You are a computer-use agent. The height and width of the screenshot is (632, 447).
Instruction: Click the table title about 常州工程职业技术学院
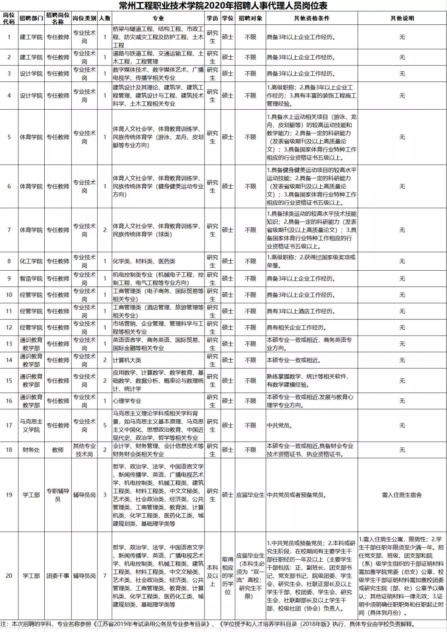[x=223, y=6]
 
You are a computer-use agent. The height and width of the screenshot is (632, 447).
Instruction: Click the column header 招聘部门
[x=31, y=18]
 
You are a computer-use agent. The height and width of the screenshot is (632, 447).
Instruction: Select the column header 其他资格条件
[x=312, y=18]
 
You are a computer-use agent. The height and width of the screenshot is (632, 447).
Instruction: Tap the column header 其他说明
[x=402, y=18]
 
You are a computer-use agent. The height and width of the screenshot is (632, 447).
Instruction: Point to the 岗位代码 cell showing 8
[x=9, y=261]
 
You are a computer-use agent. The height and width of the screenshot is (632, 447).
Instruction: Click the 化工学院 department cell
[x=31, y=261]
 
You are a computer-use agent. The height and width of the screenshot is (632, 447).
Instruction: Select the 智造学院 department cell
[x=31, y=279]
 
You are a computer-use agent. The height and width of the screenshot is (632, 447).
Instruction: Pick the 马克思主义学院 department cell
[x=31, y=425]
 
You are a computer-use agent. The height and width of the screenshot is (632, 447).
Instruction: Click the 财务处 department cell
[x=31, y=449]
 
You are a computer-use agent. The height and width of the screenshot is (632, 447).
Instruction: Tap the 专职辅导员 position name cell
[x=58, y=495]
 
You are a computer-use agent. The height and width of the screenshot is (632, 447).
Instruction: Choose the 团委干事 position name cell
[x=58, y=575]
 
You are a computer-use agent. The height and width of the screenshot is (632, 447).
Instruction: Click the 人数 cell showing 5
[x=105, y=425]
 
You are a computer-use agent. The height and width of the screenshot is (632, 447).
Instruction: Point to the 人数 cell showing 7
[x=105, y=575]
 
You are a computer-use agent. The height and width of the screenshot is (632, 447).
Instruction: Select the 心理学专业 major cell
[x=127, y=401]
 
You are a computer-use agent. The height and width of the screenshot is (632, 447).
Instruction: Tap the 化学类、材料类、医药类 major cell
[x=144, y=261]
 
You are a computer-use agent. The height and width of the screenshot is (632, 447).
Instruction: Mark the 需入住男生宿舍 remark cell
[x=402, y=495]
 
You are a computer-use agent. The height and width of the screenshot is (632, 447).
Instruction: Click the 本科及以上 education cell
[x=212, y=575]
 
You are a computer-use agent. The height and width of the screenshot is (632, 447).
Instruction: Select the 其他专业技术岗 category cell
[x=84, y=449]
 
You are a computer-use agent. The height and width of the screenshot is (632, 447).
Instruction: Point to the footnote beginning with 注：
[x=207, y=624]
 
